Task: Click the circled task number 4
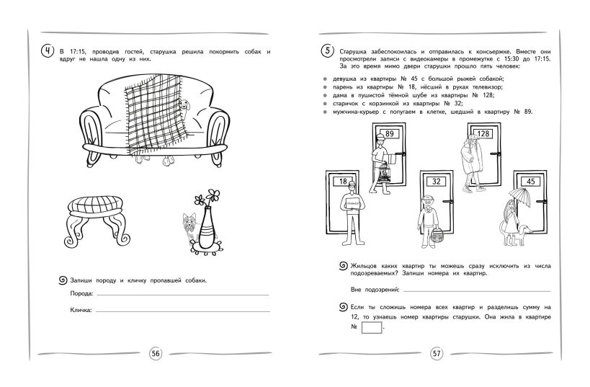[x=48, y=51]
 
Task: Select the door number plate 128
[x=483, y=134]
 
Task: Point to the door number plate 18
[x=343, y=182]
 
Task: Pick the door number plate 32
[x=436, y=182]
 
